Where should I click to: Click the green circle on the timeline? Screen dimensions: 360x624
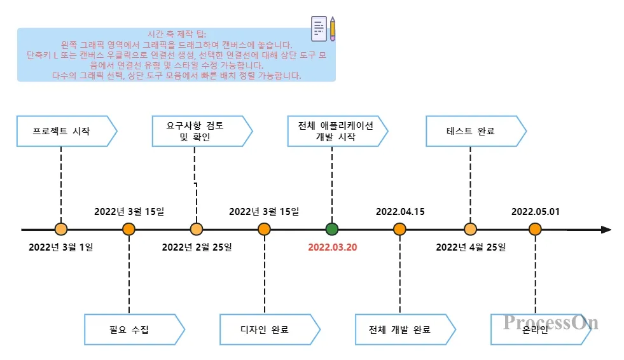click(332, 230)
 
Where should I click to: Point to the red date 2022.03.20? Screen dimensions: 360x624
click(333, 247)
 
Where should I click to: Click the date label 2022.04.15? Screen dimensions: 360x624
click(400, 211)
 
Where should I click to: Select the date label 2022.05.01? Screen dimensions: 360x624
click(536, 211)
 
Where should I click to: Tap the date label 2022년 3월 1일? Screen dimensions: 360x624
click(61, 247)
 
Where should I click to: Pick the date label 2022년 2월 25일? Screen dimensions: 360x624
click(197, 247)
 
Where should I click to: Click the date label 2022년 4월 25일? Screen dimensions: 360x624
click(470, 247)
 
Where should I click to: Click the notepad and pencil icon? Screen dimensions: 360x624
click(322, 28)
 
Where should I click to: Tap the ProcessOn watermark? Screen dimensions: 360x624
click(551, 322)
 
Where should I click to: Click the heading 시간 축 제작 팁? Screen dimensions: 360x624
click(176, 34)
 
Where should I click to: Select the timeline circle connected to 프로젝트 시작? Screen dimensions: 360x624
click(61, 230)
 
